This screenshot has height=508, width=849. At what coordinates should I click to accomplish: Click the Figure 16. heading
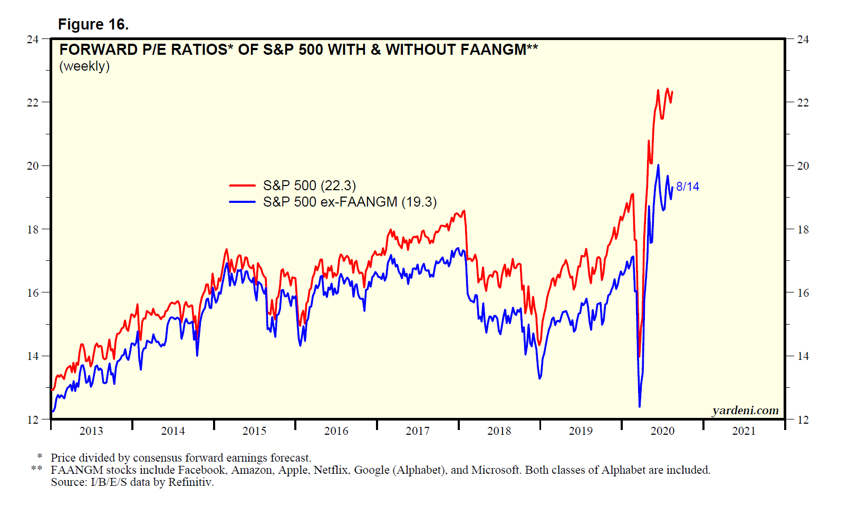[x=93, y=24]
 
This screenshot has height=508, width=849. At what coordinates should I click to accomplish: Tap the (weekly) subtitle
[x=84, y=66]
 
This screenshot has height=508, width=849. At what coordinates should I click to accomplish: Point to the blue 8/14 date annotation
[x=688, y=187]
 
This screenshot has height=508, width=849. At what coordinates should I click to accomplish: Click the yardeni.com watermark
[x=745, y=411]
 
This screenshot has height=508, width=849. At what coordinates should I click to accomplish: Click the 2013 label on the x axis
[x=91, y=431]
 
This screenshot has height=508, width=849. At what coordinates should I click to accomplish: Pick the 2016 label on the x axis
[x=336, y=431]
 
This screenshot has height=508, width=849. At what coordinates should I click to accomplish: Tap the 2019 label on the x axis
[x=581, y=431]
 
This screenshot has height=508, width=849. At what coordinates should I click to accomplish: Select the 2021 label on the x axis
[x=744, y=431]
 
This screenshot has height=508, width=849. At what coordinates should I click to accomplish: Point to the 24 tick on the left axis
[x=33, y=40]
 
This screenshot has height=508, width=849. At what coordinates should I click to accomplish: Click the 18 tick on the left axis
[x=33, y=229]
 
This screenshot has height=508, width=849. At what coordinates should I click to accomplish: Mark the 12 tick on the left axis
[x=33, y=419]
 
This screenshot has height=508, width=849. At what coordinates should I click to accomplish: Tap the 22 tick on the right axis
[x=803, y=103]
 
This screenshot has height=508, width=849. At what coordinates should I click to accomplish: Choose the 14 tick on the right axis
[x=803, y=356]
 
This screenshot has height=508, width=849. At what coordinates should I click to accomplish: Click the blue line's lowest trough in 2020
[x=640, y=406]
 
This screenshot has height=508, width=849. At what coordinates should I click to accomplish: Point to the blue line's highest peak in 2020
[x=658, y=165]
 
